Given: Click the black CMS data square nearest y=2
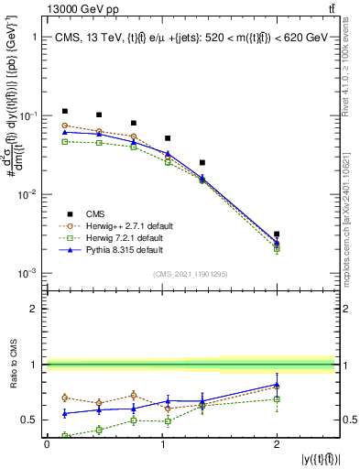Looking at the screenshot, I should pyautogui.click(x=277, y=234).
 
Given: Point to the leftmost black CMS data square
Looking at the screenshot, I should pyautogui.click(x=64, y=111).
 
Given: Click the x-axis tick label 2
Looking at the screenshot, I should pyautogui.click(x=277, y=444).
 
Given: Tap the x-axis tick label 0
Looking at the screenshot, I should pyautogui.click(x=47, y=444).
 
